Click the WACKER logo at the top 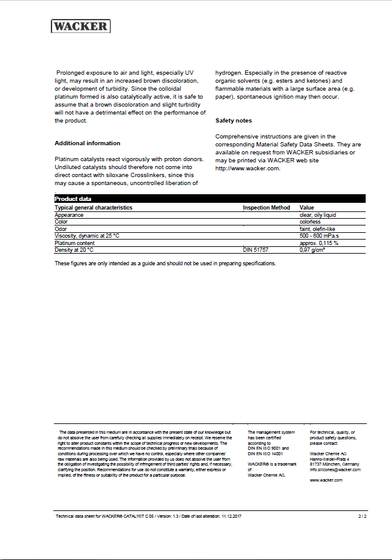point(80,26)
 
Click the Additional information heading point(88,143)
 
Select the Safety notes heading point(233,121)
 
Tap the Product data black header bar point(210,199)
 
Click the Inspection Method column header point(266,208)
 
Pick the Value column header point(306,208)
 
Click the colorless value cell point(310,222)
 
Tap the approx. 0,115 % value point(318,243)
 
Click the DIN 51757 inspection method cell point(255,250)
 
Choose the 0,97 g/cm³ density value point(312,250)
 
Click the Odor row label point(61,229)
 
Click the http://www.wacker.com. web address point(247,168)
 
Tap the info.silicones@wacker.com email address point(335,469)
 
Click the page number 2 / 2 point(362,517)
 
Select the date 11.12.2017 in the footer point(232,517)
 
